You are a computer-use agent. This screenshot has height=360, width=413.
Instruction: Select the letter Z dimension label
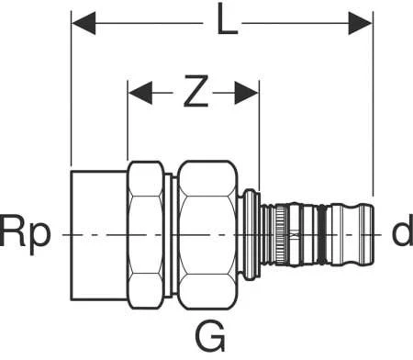click(x=193, y=92)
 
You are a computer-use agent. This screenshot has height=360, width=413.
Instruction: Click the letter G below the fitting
click(x=212, y=339)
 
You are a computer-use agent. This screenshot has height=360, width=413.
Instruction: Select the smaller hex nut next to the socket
click(x=147, y=234)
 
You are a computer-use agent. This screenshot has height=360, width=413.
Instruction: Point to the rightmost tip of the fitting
click(x=372, y=234)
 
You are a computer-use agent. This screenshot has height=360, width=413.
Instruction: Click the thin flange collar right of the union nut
click(x=251, y=234)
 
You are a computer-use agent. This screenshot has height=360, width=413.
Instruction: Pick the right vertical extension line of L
click(x=373, y=110)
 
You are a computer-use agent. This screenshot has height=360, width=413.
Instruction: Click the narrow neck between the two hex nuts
click(x=173, y=234)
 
